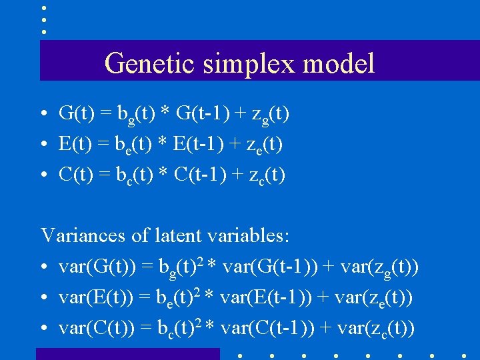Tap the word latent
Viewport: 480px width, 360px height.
(175, 235)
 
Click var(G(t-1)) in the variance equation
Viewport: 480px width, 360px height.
(271, 267)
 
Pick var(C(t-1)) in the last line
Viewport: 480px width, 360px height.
(269, 329)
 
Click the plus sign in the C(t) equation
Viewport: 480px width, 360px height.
(242, 175)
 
